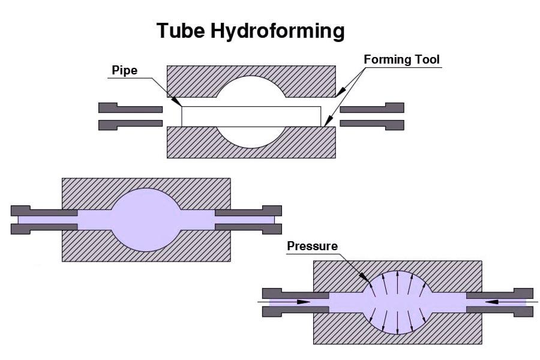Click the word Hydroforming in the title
(x=278, y=31)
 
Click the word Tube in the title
(x=181, y=30)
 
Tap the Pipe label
(x=124, y=70)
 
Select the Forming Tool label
(x=401, y=59)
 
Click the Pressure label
(x=312, y=246)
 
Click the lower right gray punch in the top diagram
(x=372, y=124)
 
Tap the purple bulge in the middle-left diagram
(x=146, y=219)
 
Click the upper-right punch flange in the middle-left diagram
(x=272, y=211)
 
